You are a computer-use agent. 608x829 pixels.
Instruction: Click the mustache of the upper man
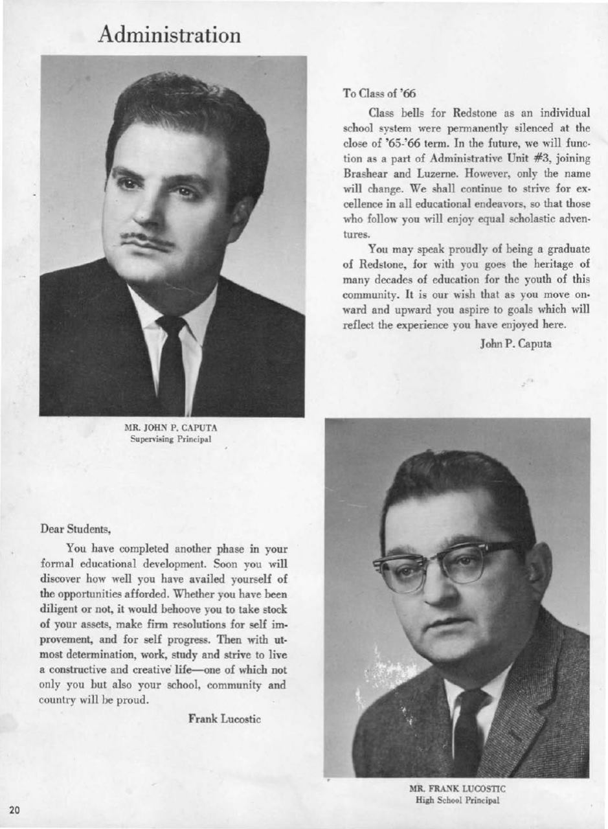pos(147,242)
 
